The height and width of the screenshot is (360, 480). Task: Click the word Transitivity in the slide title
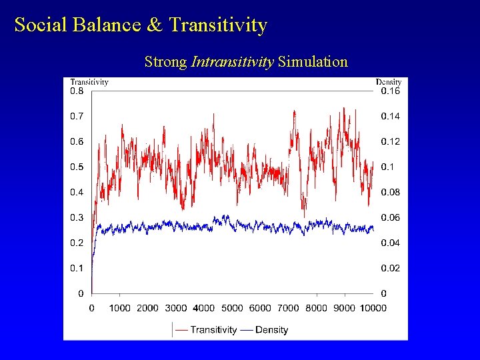(x=218, y=25)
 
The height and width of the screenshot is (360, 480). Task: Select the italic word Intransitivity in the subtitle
(x=232, y=62)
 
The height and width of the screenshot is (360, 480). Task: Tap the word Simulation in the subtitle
(x=313, y=62)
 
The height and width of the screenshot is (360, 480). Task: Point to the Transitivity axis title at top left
(x=89, y=82)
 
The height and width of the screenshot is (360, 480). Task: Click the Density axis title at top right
(x=388, y=82)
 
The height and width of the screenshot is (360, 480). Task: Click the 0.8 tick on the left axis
(x=77, y=91)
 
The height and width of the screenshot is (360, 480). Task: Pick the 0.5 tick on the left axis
(x=77, y=167)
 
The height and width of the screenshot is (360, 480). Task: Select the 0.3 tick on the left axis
(x=77, y=217)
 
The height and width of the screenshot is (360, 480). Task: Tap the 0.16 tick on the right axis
(x=391, y=91)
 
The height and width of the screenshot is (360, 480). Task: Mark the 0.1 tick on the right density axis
(x=388, y=167)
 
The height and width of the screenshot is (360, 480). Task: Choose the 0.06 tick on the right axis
(x=391, y=217)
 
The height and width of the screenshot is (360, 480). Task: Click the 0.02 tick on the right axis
(x=391, y=268)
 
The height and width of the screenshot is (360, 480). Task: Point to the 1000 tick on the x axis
(x=119, y=308)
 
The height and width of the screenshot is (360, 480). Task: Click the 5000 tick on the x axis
(x=232, y=308)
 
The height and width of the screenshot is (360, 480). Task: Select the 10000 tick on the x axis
(x=373, y=308)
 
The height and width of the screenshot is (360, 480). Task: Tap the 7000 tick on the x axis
(x=289, y=308)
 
